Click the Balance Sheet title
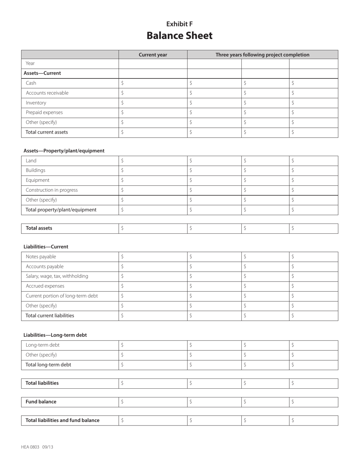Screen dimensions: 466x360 point(180,36)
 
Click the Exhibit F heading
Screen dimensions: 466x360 point(180,24)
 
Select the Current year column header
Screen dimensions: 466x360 point(153,55)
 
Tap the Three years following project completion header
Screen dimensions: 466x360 point(262,55)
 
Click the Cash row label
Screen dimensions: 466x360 point(31,83)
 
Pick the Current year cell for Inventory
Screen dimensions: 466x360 point(153,103)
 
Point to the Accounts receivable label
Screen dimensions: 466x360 point(47,93)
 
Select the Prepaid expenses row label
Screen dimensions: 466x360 point(44,113)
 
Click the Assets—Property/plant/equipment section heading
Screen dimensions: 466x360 point(64,151)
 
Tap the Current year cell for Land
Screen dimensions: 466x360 point(153,161)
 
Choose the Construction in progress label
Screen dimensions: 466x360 point(52,190)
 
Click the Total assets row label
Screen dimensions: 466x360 point(39,228)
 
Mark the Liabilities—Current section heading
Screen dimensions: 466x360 point(46,247)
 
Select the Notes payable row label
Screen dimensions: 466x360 point(41,257)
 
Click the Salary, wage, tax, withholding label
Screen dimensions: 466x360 point(57,276)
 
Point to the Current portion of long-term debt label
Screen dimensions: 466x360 point(61,296)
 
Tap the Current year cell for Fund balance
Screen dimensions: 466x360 point(153,402)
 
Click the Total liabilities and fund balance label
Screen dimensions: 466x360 point(63,420)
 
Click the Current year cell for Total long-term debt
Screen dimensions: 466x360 point(153,365)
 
